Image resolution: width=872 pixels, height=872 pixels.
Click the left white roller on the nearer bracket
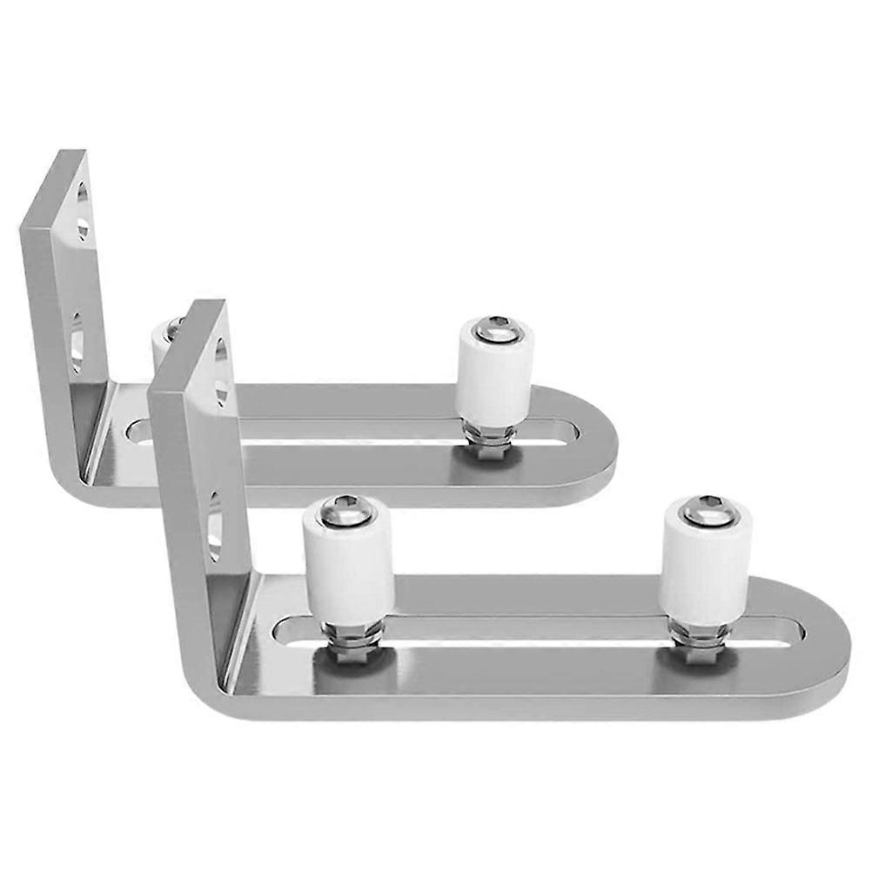pos(347,566)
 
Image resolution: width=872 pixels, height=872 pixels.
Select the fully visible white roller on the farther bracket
pos(493,370)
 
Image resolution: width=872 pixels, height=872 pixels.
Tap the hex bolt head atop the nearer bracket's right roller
pos(706,507)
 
